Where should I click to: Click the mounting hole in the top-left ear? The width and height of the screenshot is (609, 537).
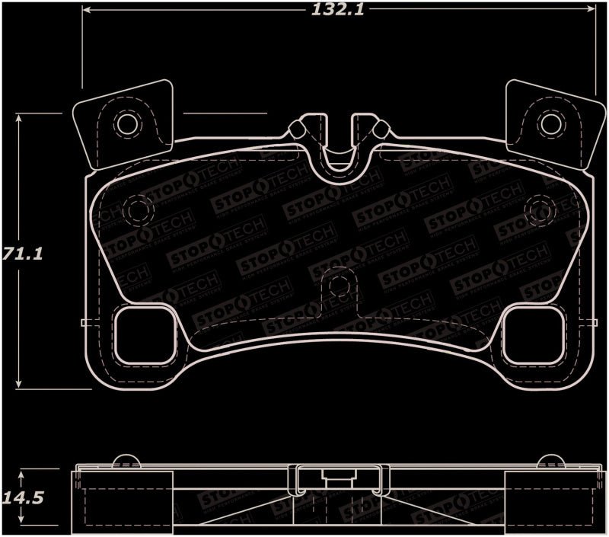click(126, 123)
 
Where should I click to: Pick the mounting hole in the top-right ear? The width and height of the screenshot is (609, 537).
click(548, 123)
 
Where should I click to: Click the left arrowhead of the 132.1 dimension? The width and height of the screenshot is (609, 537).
click(86, 11)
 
